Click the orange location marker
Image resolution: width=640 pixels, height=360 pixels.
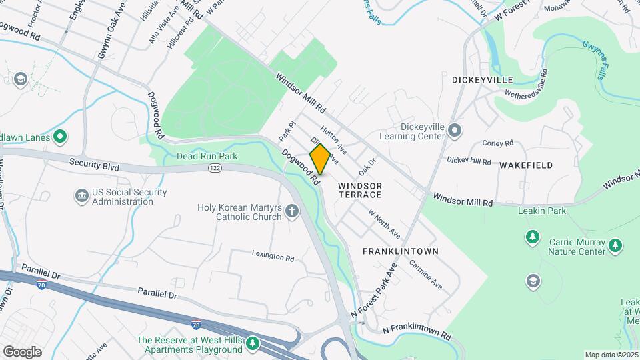[x=320, y=159]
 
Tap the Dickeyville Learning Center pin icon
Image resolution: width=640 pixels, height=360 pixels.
[x=455, y=129]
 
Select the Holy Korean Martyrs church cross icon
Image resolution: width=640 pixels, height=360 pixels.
[x=291, y=213]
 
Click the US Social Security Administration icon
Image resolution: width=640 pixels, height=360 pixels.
[x=81, y=197]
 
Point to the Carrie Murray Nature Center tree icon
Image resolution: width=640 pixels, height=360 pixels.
[x=532, y=237]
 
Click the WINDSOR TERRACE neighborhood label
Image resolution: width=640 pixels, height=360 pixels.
[x=359, y=190]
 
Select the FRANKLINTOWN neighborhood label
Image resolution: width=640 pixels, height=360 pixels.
[x=400, y=251]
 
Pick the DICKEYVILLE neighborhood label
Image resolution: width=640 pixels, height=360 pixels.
[x=482, y=80]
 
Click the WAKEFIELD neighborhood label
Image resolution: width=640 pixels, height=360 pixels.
[x=526, y=165]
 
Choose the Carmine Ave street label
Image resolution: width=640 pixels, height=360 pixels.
[x=426, y=274]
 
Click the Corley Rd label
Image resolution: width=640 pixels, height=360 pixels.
[x=498, y=143]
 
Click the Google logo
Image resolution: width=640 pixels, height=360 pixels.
[x=22, y=352]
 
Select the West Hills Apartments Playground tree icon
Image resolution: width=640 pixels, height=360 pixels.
[x=252, y=343]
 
